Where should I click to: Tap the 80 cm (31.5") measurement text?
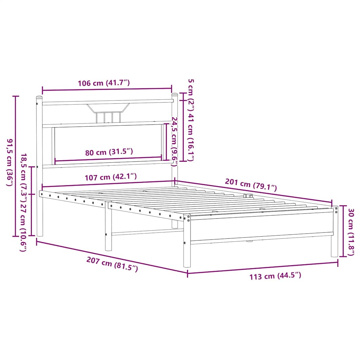coord(109,152)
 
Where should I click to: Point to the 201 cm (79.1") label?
coord(251,185)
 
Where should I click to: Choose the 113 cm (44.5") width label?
coord(275,276)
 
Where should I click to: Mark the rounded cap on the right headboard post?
coord(174,94)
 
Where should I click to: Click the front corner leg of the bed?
coord(187,246)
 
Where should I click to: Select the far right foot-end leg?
coord(334,239)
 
